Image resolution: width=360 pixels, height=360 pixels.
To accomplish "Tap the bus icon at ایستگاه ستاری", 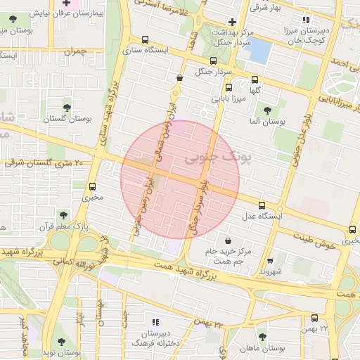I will (145, 40).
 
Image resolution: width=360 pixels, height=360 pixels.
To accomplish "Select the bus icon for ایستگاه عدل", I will (262, 206).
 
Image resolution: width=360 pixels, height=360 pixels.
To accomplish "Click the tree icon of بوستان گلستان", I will (67, 108).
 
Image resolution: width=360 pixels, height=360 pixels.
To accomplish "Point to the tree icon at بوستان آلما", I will (266, 110).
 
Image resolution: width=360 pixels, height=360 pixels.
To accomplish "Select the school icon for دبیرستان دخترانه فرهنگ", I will (146, 321).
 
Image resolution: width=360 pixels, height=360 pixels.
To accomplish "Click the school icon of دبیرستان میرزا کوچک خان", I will (305, 20).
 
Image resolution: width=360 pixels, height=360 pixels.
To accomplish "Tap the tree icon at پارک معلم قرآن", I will (63, 214).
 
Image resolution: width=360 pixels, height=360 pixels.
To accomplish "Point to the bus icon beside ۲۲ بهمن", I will (314, 318).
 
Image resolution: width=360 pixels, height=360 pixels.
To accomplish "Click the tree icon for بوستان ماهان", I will (263, 337).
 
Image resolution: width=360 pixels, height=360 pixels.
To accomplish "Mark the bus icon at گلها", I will (255, 79).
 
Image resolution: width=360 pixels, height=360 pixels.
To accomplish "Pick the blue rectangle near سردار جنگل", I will (259, 51).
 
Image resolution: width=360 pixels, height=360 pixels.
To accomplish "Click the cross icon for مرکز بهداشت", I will (232, 22).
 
